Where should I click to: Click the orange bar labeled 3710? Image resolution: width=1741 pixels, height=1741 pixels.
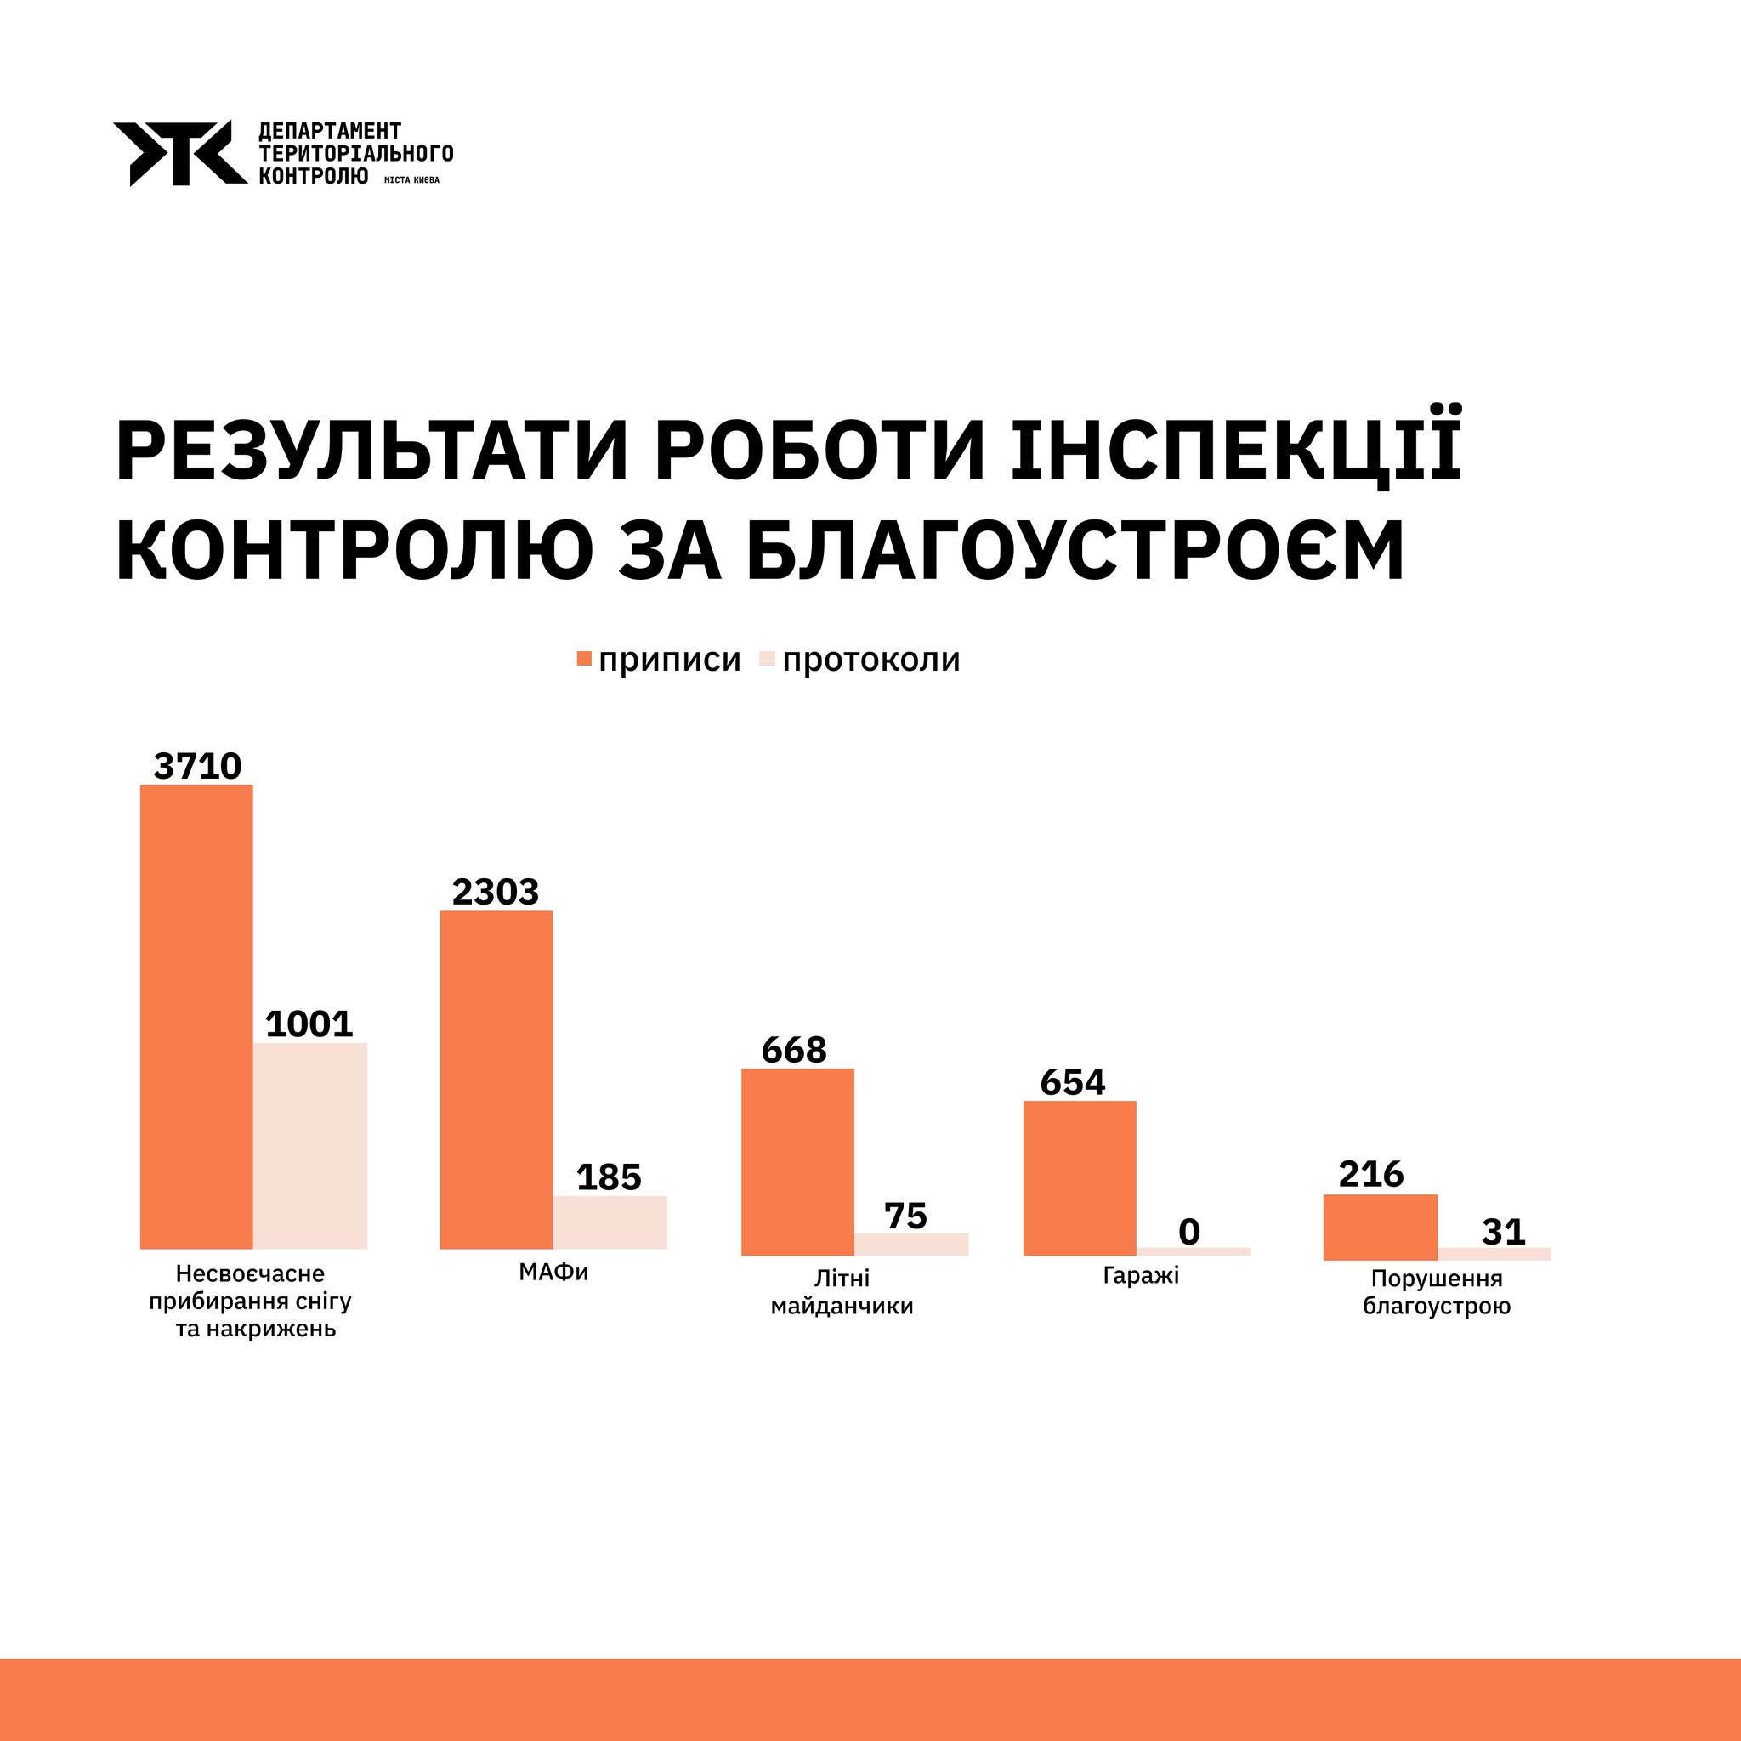point(196,1017)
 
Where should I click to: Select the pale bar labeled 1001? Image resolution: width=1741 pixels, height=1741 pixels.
point(310,1145)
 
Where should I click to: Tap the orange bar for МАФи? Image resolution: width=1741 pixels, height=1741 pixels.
point(496,1080)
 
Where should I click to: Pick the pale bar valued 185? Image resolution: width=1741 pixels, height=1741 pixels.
point(610,1222)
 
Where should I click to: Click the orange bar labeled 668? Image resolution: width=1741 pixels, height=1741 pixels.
point(797,1161)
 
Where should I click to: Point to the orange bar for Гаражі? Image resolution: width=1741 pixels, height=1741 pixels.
point(1080,1177)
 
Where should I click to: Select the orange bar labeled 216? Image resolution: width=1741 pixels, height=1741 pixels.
point(1380,1227)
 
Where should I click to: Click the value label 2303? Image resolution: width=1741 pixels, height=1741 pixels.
point(495,892)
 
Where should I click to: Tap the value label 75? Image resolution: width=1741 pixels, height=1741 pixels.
point(905,1216)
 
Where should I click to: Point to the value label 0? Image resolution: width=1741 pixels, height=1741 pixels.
point(1188,1232)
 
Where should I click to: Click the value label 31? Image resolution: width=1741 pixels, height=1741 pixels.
point(1503,1232)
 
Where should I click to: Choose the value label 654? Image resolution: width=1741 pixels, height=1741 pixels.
point(1072,1082)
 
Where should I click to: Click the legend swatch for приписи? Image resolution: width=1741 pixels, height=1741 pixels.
point(584,659)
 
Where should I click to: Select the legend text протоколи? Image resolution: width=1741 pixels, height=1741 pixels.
point(870,660)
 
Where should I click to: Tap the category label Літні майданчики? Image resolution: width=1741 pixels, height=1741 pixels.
point(842,1291)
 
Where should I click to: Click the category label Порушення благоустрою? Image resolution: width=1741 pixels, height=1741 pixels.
point(1437,1291)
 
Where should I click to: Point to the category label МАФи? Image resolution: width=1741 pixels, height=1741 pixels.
point(553,1273)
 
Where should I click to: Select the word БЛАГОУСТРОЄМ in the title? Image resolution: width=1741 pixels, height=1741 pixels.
point(1075,549)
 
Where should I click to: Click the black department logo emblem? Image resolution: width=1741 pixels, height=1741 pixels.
point(179,153)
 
